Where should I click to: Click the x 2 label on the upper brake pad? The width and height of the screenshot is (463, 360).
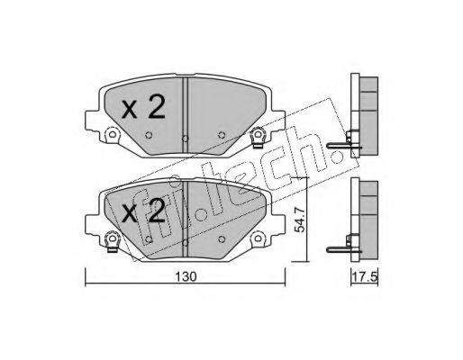pyautogui.click(x=143, y=109)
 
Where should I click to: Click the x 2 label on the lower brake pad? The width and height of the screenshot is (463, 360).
pyautogui.click(x=143, y=212)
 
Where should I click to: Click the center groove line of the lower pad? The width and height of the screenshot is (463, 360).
pyautogui.click(x=185, y=211)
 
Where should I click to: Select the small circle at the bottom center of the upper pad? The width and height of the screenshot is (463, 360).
pyautogui.click(x=185, y=139)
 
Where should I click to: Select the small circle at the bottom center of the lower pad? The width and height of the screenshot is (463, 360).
pyautogui.click(x=185, y=242)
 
